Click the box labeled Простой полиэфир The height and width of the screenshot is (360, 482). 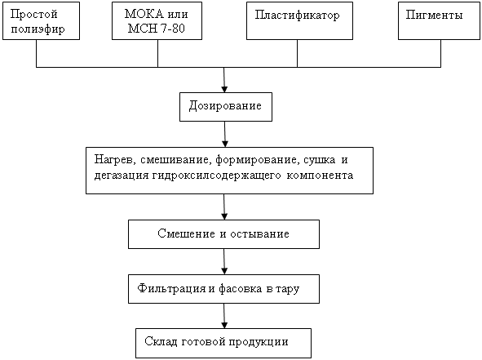42,21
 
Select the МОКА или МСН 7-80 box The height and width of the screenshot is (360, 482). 157,21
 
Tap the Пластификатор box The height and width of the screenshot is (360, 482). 299,21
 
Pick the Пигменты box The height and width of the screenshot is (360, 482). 439,21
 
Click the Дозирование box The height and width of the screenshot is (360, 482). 226,107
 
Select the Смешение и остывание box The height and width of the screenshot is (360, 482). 223,234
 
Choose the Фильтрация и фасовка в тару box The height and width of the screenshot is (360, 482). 223,289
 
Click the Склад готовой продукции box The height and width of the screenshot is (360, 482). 223,343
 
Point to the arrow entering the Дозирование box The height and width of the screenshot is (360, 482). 224,80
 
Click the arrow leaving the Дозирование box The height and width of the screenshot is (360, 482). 225,134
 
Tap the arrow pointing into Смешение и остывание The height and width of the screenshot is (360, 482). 224,207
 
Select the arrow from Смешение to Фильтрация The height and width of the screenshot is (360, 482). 224,261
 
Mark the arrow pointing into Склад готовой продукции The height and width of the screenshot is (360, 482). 224,316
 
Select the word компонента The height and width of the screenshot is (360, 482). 320,176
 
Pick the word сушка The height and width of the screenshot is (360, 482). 320,160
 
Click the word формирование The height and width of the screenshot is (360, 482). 257,160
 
